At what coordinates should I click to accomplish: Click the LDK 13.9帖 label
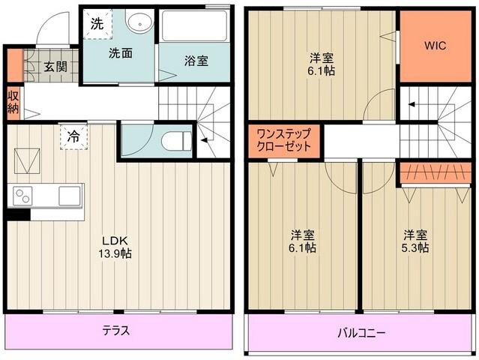[x=115, y=247]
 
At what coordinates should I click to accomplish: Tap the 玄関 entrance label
[x=54, y=66]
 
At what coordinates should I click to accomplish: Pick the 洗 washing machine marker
[x=97, y=22]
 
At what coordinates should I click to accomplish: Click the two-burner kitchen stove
[x=22, y=196]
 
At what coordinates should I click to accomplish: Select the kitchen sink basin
[x=70, y=196]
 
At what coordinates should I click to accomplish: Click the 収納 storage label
[x=13, y=101]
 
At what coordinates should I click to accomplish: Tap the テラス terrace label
[x=115, y=330]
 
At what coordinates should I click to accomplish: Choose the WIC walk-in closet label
[x=435, y=45]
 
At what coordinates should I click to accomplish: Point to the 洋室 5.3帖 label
[x=414, y=240]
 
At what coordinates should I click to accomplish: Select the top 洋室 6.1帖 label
[x=322, y=61]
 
